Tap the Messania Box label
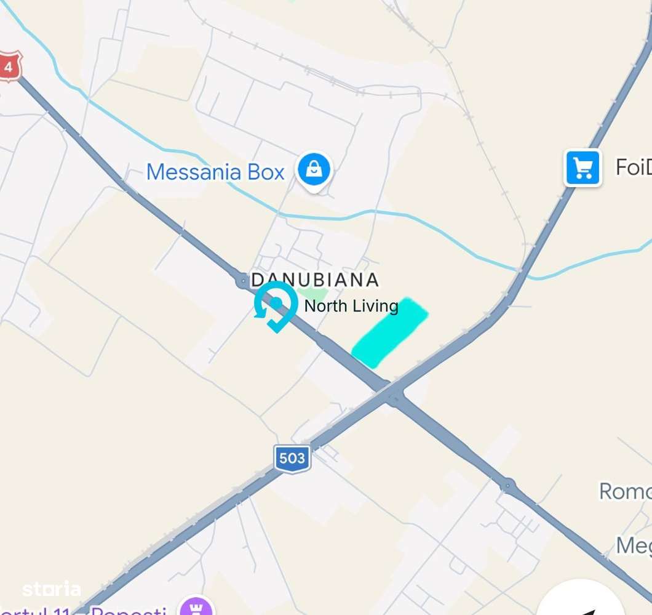click(215, 172)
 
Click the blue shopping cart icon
click(582, 167)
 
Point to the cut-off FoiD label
click(633, 167)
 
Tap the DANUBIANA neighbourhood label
click(315, 280)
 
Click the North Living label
click(351, 306)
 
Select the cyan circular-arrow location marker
click(276, 305)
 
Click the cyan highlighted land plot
click(389, 332)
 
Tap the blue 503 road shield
click(292, 459)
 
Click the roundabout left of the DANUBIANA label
click(242, 281)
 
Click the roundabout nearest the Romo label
click(508, 485)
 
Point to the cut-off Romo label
click(625, 491)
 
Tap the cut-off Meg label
click(634, 545)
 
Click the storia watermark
click(52, 590)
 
